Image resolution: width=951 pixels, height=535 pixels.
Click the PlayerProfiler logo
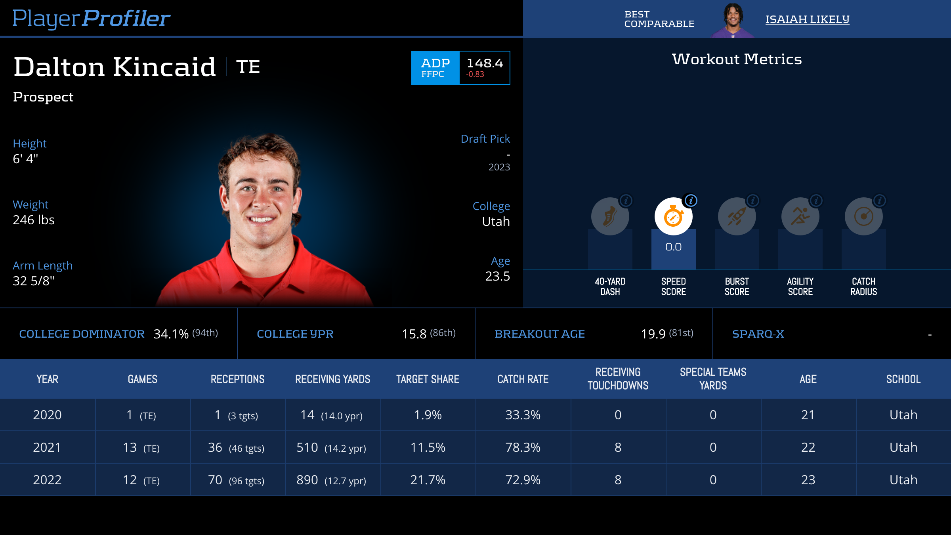click(91, 18)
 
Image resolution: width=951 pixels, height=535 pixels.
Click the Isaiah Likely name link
click(807, 19)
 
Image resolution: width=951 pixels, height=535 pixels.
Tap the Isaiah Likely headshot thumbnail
click(733, 20)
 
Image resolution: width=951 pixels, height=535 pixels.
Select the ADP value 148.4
click(485, 63)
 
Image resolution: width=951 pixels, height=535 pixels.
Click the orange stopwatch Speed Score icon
click(673, 217)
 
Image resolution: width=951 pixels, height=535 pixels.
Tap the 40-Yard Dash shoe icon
click(610, 217)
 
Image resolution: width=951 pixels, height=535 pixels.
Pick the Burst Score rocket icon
click(737, 217)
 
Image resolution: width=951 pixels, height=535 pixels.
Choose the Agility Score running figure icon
click(800, 217)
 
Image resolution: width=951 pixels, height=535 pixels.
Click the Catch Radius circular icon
click(863, 217)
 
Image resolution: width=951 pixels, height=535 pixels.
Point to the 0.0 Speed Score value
click(673, 247)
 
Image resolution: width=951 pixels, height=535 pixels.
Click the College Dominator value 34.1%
click(171, 334)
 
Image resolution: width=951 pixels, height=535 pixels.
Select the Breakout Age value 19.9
click(653, 334)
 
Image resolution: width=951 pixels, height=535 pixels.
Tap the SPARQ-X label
click(758, 334)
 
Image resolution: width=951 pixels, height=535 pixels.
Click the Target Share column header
click(428, 379)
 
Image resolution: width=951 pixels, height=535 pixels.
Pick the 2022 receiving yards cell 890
click(307, 480)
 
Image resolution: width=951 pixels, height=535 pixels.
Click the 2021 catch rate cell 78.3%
click(523, 447)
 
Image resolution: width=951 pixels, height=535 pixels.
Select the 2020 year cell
click(47, 415)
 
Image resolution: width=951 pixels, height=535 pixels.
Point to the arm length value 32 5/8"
click(34, 281)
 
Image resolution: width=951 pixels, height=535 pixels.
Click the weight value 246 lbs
click(34, 220)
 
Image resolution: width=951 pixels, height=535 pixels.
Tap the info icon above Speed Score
click(691, 201)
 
